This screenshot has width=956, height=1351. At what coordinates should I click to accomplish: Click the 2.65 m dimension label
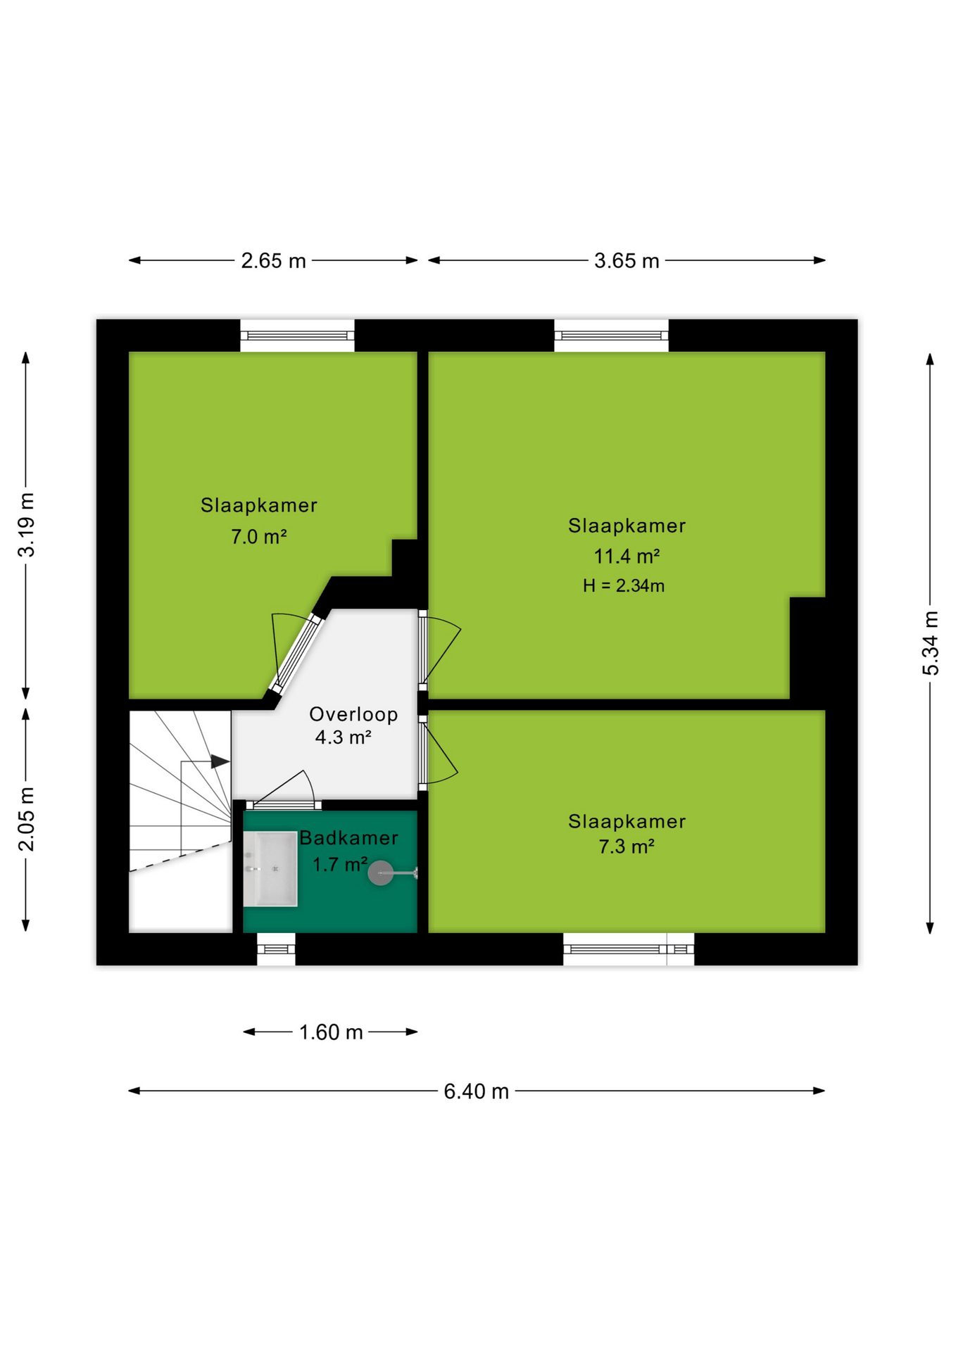(273, 261)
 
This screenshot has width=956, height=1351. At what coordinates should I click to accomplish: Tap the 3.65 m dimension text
(627, 261)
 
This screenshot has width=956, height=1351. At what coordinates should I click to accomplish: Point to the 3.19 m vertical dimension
(26, 525)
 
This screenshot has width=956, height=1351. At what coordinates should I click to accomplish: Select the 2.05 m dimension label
(26, 819)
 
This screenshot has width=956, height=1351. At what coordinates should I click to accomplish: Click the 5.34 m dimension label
(931, 643)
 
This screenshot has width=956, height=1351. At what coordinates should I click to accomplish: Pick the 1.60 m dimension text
(331, 1032)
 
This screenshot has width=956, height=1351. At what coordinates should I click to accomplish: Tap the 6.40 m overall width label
(476, 1091)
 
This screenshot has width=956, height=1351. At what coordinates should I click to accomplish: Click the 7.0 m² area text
(258, 537)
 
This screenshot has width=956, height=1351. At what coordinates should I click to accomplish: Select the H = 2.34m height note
(624, 585)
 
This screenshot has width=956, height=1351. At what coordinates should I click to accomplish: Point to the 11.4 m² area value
(627, 557)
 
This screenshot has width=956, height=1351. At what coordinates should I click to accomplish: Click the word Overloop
(353, 714)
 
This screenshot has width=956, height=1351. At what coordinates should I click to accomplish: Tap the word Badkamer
(349, 838)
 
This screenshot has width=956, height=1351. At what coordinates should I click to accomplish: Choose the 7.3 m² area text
(627, 846)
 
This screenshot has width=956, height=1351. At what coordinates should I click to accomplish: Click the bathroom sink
(270, 869)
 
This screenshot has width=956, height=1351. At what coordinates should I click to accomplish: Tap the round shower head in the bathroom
(381, 873)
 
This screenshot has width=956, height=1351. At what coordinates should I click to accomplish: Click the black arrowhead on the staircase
(220, 761)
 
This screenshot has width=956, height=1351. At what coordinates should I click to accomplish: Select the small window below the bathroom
(276, 949)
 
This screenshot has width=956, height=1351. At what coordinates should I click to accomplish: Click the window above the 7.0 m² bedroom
(297, 336)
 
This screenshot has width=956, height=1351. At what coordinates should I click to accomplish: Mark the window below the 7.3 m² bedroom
(629, 949)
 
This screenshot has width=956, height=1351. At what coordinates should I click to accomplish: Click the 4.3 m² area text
(343, 737)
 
